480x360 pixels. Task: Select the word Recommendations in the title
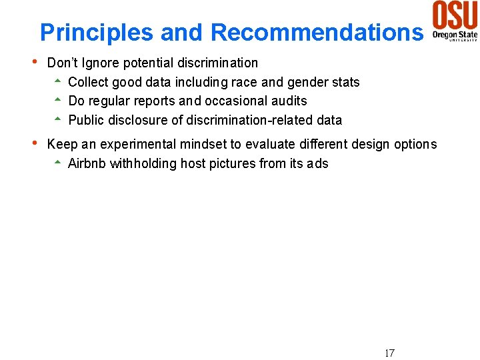point(317,32)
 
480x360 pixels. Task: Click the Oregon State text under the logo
point(455,34)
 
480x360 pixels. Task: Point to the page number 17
point(389,353)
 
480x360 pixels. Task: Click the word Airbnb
point(87,164)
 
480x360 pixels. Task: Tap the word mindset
point(203,145)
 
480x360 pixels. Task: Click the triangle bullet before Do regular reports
point(58,101)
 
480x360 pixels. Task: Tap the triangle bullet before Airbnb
point(58,163)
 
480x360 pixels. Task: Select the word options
point(415,145)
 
